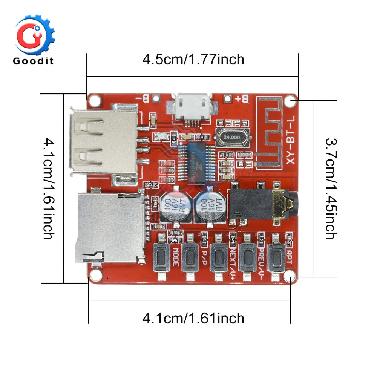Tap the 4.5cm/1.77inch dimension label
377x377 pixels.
coord(193,60)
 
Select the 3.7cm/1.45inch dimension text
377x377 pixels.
coord(330,188)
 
